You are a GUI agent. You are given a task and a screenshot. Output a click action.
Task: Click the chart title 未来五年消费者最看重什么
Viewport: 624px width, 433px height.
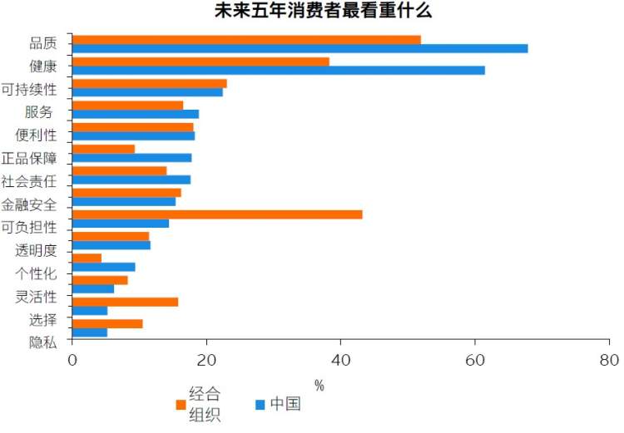(x=312, y=11)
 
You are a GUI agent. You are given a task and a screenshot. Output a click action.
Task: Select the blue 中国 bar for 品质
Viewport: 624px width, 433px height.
(x=300, y=48)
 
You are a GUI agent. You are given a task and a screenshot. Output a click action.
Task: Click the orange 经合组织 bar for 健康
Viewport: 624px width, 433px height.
(x=201, y=62)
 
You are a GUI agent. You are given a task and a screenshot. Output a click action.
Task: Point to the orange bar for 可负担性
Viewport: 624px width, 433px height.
(x=217, y=214)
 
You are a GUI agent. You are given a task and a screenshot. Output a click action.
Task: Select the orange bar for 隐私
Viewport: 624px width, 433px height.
(x=107, y=323)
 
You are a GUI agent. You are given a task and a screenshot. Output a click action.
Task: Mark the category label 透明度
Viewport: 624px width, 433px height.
(x=36, y=249)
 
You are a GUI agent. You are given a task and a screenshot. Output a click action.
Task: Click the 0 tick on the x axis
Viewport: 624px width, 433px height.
(x=72, y=362)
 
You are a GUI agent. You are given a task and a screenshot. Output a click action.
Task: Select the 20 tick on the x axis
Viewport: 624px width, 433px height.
(x=206, y=362)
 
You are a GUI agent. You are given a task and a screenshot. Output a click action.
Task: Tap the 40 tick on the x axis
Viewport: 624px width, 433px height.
(x=340, y=362)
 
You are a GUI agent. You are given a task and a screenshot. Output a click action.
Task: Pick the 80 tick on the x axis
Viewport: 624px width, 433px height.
(x=609, y=362)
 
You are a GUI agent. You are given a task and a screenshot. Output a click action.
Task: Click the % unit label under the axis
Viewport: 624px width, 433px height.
(x=319, y=385)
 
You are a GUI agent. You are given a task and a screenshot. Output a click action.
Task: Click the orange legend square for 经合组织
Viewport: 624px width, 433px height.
(x=180, y=405)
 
